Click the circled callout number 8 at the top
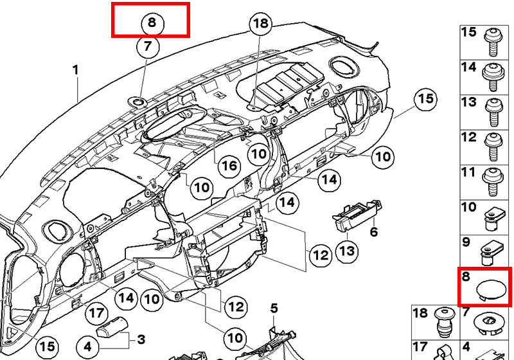tap(152, 22)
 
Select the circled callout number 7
tap(148, 46)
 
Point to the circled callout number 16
tap(229, 166)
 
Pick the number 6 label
tap(373, 231)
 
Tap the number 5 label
tap(274, 309)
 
